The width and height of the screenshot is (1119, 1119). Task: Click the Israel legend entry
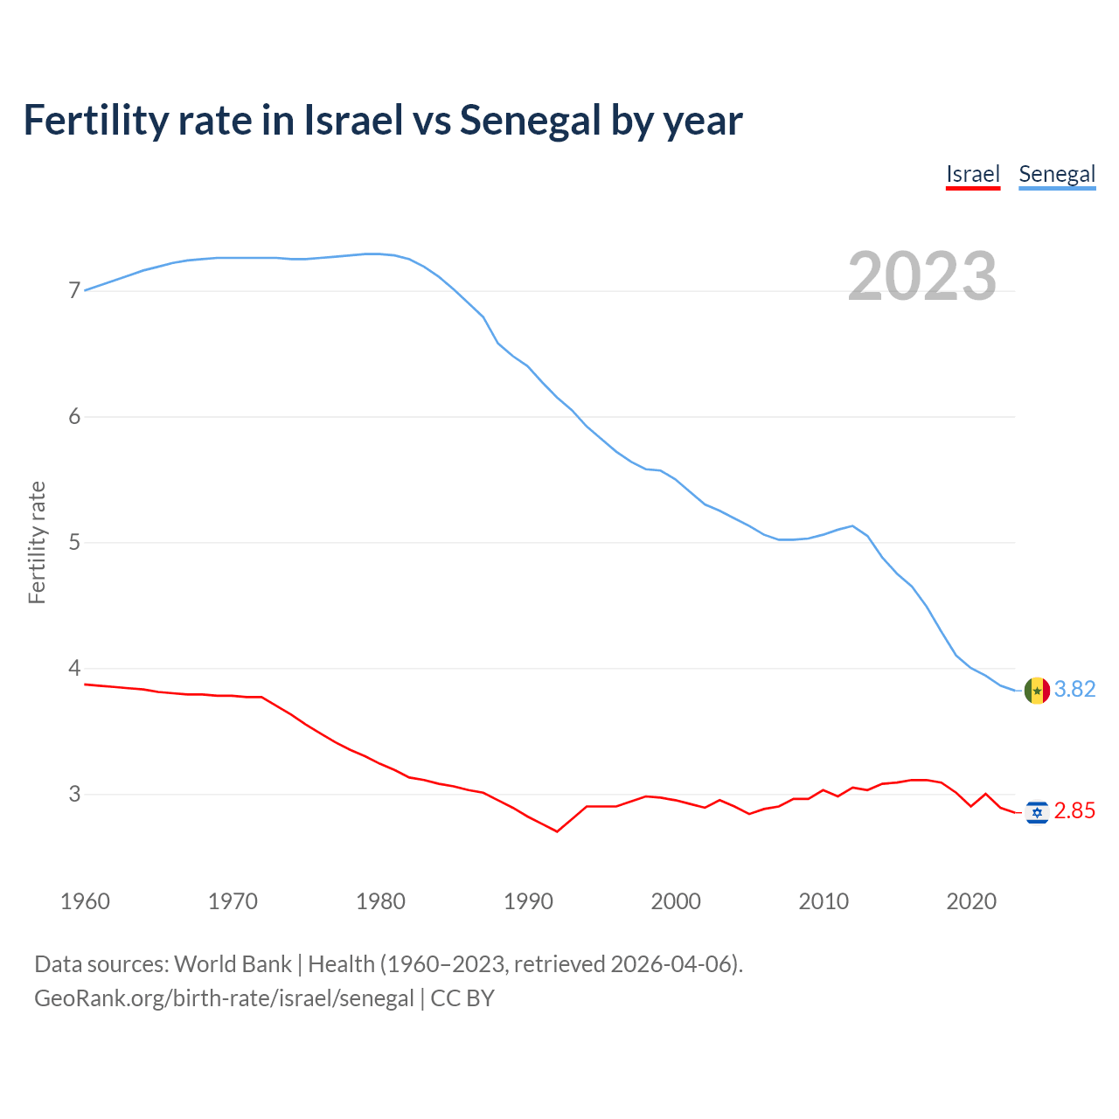[x=972, y=174]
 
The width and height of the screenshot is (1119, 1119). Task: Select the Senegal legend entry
[x=1057, y=174]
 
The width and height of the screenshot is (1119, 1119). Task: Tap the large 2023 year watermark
[x=922, y=276]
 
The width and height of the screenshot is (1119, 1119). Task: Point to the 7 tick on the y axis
[x=74, y=290]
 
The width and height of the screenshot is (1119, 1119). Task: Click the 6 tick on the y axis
[x=74, y=416]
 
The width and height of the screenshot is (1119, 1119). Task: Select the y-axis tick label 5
[x=74, y=542]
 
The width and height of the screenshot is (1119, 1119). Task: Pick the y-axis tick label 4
[x=74, y=668]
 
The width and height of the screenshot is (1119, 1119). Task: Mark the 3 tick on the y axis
[x=74, y=794]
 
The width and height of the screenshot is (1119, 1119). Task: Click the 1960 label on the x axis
[x=85, y=901]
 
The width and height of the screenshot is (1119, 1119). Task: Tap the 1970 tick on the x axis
[x=233, y=901]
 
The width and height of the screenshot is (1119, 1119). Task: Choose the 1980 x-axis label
[x=380, y=901]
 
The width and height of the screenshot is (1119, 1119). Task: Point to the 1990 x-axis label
[x=528, y=901]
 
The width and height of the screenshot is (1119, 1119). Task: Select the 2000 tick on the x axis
[x=676, y=901]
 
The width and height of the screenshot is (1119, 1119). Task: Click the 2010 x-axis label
[x=824, y=901]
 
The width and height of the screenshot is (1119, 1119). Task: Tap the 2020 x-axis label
[x=971, y=901]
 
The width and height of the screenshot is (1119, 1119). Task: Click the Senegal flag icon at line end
[x=1037, y=691]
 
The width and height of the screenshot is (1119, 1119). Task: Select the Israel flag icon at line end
[x=1037, y=812]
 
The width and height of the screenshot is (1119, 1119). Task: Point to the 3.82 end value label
[x=1074, y=690]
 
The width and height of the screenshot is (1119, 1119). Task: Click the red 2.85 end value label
[x=1074, y=811]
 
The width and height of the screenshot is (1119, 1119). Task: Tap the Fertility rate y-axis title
[x=37, y=542]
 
